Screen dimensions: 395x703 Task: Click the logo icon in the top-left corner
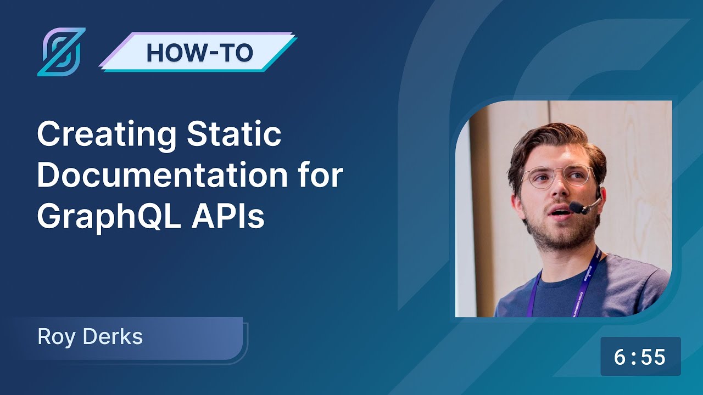click(61, 52)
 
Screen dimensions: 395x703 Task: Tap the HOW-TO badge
click(199, 52)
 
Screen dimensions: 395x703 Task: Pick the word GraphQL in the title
click(105, 217)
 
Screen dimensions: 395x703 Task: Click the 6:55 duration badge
click(640, 357)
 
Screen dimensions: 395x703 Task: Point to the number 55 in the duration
click(653, 357)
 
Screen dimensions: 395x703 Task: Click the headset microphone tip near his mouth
click(576, 207)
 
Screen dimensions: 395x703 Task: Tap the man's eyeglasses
click(555, 177)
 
